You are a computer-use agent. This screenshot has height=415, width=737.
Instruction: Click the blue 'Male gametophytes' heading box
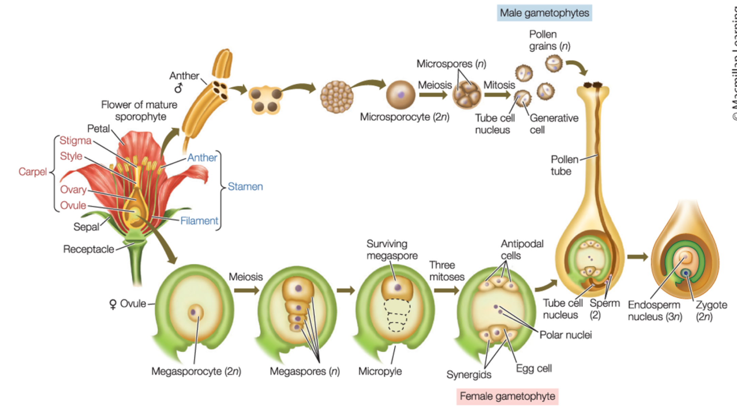[x=544, y=13]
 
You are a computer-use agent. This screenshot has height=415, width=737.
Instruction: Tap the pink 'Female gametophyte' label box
[x=507, y=396]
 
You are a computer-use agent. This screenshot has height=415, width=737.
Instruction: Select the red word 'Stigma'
[x=76, y=140]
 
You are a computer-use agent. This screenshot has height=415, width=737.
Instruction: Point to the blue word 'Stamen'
[x=245, y=186]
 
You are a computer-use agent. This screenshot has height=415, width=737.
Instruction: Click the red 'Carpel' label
[x=32, y=171]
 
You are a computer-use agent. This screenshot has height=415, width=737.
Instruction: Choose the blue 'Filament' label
[x=199, y=221]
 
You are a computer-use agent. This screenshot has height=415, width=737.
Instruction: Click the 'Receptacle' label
[x=88, y=249]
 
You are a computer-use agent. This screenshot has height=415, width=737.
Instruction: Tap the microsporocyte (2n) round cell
[x=400, y=95]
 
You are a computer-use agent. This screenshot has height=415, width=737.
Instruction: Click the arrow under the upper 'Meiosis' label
[x=433, y=95]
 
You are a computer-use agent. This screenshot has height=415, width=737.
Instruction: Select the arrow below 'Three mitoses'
[x=446, y=290]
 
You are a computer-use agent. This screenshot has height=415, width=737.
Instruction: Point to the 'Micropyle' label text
[x=380, y=371]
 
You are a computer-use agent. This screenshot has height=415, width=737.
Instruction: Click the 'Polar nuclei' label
[x=566, y=335]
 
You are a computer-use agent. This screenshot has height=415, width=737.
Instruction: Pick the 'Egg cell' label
[x=534, y=368]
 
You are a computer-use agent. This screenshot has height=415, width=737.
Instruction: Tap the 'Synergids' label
[x=469, y=375]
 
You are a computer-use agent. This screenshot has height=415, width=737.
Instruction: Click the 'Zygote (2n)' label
[x=711, y=311]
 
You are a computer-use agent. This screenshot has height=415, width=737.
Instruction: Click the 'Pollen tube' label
[x=564, y=165]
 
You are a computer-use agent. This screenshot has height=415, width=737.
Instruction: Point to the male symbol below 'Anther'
[x=178, y=88]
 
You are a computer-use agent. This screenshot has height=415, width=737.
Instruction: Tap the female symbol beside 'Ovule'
[x=113, y=304]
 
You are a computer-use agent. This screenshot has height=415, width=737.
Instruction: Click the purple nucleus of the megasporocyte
[x=193, y=312]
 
